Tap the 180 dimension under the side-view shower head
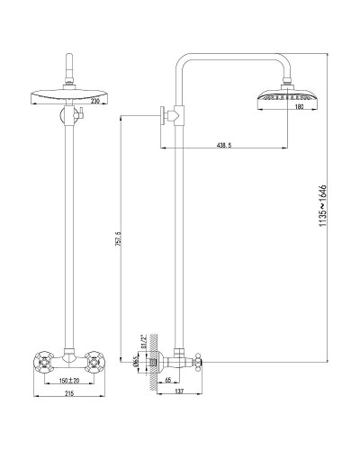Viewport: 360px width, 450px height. coord(287,106)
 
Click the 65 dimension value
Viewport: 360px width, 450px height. coord(169,381)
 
